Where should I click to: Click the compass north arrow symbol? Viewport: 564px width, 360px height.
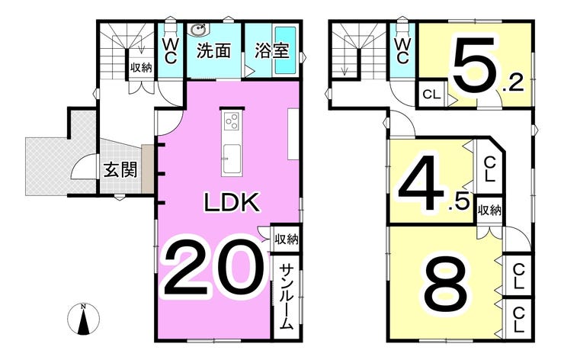tap(84, 320)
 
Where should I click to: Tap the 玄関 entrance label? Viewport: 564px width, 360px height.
tap(120, 169)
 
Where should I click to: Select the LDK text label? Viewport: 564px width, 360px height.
tap(232, 203)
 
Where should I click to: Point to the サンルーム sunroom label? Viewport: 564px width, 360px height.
tap(287, 295)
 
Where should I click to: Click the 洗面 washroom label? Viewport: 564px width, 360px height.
tap(213, 51)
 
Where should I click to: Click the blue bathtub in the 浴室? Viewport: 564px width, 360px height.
tap(286, 50)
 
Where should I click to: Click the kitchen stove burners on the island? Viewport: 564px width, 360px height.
tap(232, 121)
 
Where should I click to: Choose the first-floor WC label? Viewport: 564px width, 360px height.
tap(171, 51)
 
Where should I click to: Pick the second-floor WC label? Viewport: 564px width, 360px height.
tap(402, 50)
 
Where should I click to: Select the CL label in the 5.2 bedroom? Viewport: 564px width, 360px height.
tap(431, 95)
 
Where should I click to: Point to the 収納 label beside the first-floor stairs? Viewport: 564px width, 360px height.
tap(140, 67)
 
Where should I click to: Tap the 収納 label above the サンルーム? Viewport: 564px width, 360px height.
tap(286, 239)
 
